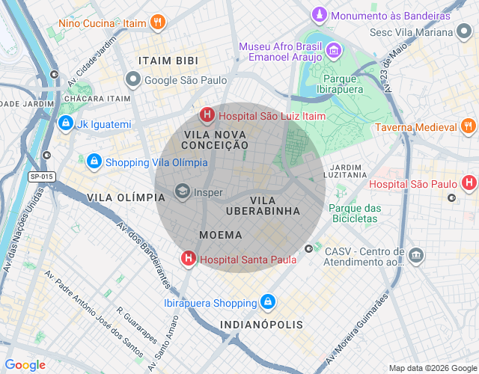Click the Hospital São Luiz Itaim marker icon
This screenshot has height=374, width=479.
pos(207,115)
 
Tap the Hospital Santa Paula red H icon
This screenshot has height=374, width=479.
pos(188,259)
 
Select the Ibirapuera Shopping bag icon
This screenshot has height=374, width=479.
pos(268,302)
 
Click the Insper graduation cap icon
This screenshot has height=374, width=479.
pos(182,192)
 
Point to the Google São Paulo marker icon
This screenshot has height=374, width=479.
pos(133,79)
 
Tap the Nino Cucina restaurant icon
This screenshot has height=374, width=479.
pos(157,22)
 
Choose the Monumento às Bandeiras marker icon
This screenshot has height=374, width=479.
pos(320,15)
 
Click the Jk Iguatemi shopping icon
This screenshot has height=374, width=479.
pos(66,123)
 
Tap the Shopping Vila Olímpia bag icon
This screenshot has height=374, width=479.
pos(94,161)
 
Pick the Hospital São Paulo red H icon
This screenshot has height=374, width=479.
pos(469,183)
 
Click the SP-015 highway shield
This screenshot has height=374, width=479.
pos(42,177)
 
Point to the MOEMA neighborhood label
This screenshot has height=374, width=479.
pos(221,235)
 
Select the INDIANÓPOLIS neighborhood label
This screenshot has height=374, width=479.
pos(262,325)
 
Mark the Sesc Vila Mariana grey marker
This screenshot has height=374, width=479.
pos(466,31)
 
